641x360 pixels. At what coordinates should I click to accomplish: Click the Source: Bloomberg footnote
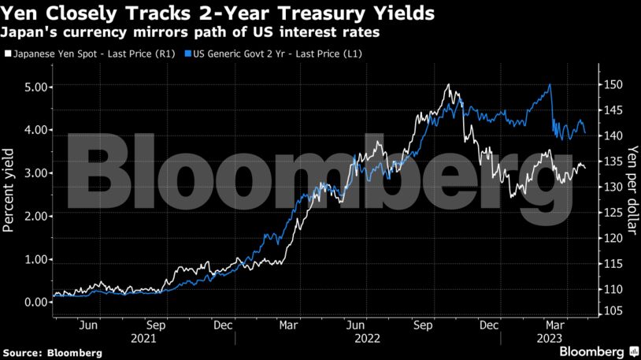pyautogui.click(x=52, y=353)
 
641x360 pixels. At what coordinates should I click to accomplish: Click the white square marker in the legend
pyautogui.click(x=8, y=54)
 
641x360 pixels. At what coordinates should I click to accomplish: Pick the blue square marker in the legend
pyautogui.click(x=187, y=54)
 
